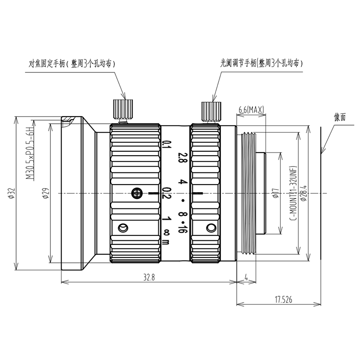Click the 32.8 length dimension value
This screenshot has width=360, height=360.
pos(149,277)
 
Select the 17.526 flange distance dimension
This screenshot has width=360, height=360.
pos(283,300)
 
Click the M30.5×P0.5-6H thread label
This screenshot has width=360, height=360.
pos(30,153)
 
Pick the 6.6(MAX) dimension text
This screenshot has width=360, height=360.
pos(252,110)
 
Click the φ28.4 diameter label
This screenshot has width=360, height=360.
pos(304,193)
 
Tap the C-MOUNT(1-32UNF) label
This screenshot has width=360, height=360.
pos(294,193)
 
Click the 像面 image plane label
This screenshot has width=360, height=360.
pos(340,117)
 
